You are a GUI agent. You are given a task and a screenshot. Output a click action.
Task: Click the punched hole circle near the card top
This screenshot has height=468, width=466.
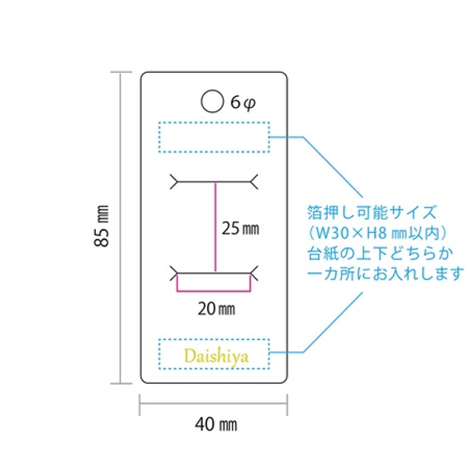coord(213,101)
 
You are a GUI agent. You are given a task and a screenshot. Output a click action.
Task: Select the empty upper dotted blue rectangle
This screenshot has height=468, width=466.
coord(213,137)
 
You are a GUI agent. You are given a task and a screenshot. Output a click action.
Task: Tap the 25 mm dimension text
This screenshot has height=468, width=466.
coord(241,228)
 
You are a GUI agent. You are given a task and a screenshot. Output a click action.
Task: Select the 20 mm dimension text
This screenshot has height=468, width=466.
coord(214,306)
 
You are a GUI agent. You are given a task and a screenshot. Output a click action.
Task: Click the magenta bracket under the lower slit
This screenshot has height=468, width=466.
coord(213,290)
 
